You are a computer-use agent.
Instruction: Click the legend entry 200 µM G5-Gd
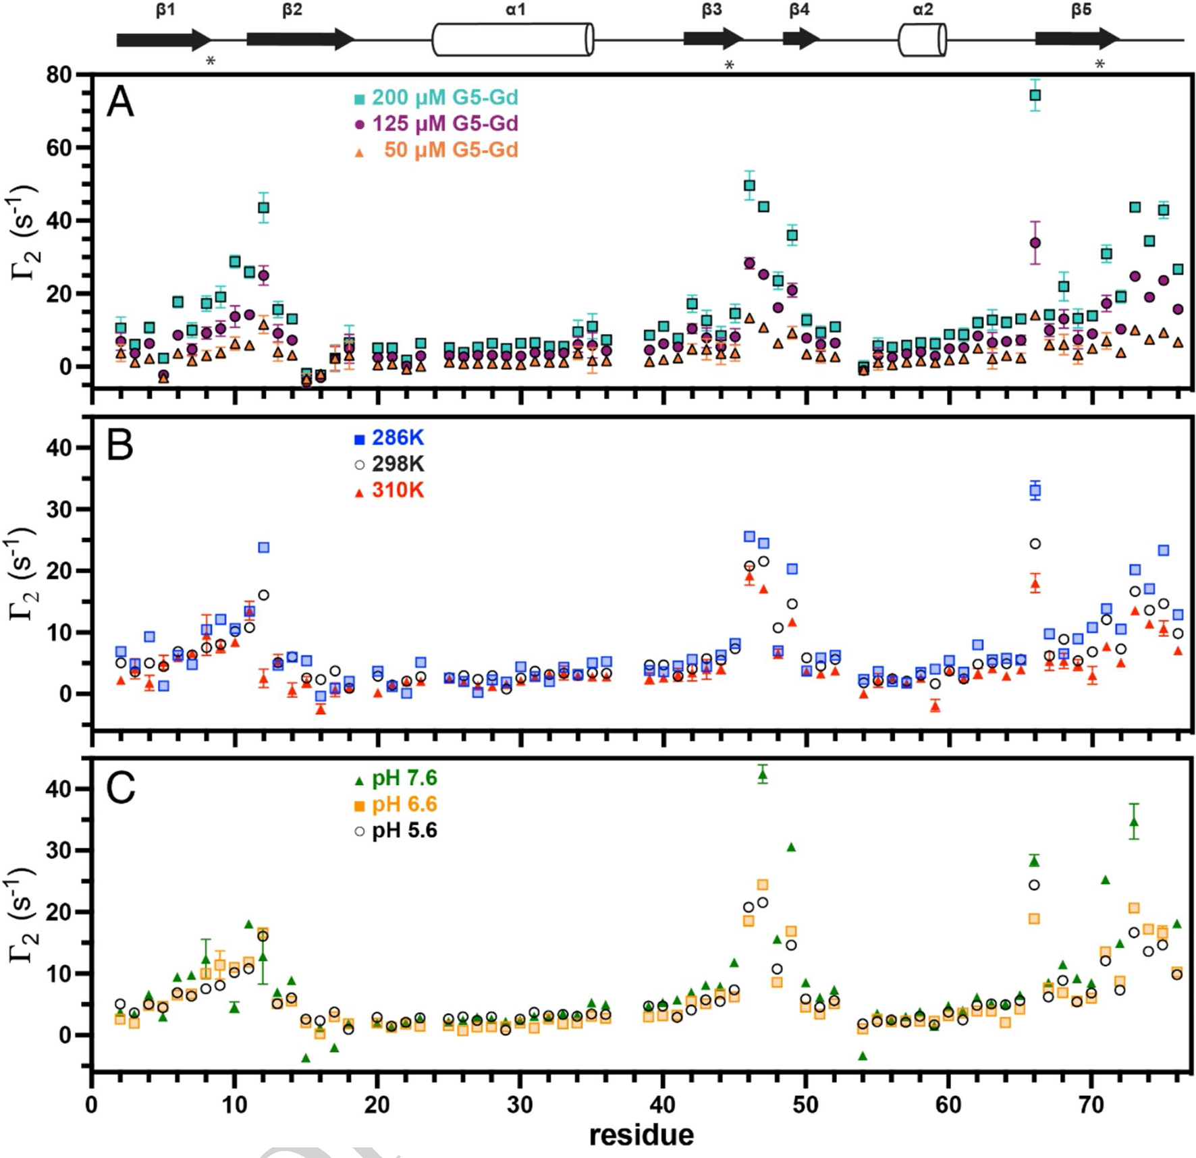(444, 98)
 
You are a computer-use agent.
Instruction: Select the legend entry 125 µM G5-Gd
(444, 123)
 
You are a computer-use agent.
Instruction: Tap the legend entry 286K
(397, 438)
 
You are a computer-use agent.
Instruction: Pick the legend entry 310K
(397, 490)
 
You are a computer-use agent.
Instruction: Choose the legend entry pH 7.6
(404, 778)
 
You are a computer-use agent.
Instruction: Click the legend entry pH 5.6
(404, 830)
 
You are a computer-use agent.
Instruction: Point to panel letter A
(120, 103)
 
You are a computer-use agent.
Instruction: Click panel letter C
(120, 788)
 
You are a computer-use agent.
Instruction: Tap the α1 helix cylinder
(512, 39)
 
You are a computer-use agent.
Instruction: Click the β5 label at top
(1081, 9)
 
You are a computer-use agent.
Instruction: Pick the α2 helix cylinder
(922, 40)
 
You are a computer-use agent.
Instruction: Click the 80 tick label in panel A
(59, 75)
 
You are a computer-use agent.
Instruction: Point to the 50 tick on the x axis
(805, 1105)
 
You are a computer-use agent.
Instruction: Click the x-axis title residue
(641, 1135)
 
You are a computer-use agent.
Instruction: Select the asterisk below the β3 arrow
(729, 65)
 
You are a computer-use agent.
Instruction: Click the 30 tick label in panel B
(59, 509)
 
